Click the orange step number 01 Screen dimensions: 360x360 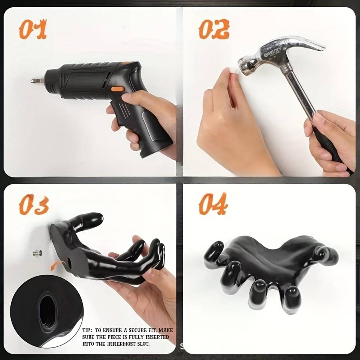33,29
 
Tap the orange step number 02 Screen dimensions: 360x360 214,29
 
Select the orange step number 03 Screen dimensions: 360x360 34,204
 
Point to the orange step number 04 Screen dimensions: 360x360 213,204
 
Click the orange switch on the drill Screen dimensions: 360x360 118,89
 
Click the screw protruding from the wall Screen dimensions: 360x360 38,253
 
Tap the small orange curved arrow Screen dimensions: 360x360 56,265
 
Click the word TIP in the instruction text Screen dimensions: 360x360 87,330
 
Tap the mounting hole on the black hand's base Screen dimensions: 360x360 69,261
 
